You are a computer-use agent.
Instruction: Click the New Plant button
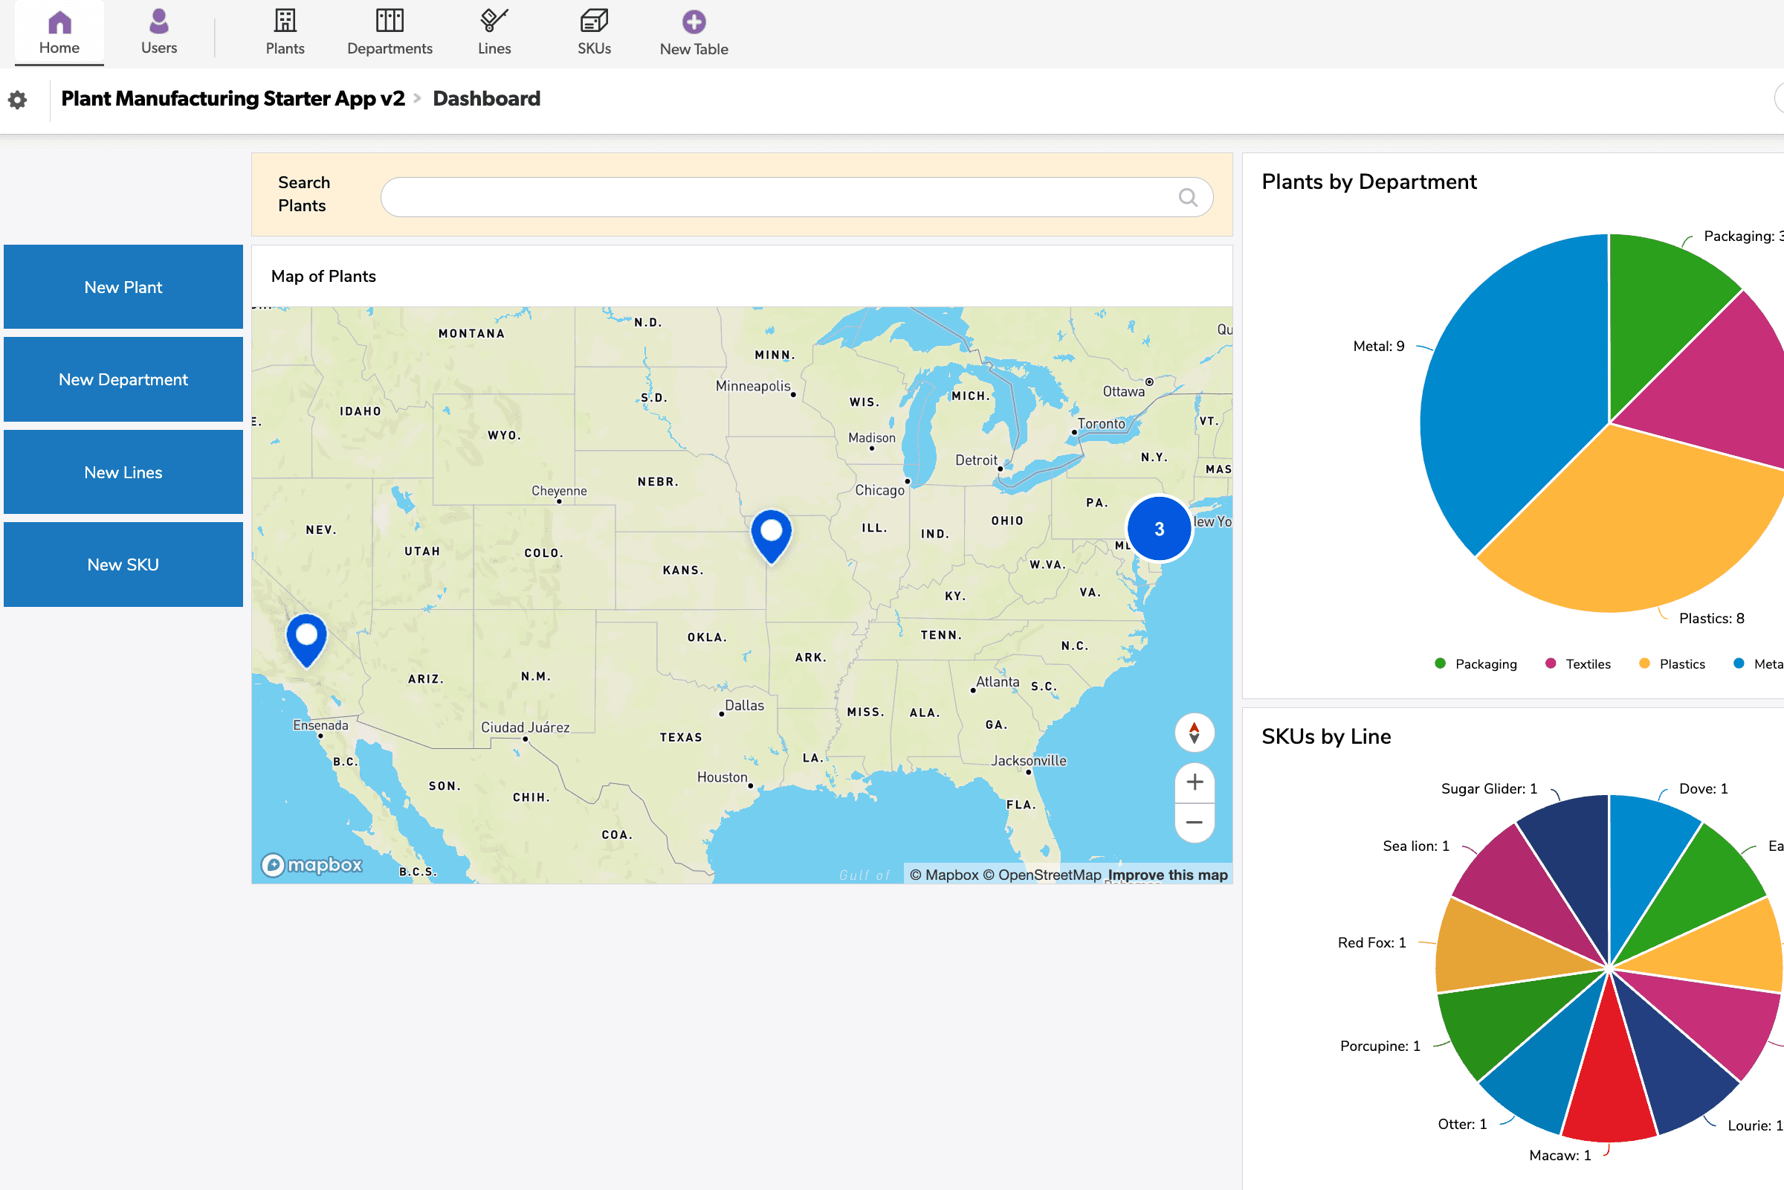pyautogui.click(x=123, y=287)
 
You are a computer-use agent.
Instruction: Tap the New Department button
pyautogui.click(x=123, y=379)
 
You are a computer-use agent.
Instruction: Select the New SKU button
pyautogui.click(x=123, y=565)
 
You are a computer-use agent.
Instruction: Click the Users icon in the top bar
pyautogui.click(x=158, y=22)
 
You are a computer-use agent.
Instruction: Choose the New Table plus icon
pyautogui.click(x=694, y=22)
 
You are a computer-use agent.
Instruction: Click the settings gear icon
pyautogui.click(x=17, y=100)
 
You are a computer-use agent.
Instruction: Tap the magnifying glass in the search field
pyautogui.click(x=1188, y=197)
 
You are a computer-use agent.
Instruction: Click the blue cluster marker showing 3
pyautogui.click(x=1159, y=529)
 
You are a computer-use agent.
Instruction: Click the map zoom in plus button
pyautogui.click(x=1195, y=782)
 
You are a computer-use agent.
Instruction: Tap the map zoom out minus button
pyautogui.click(x=1195, y=823)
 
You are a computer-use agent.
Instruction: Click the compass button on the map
pyautogui.click(x=1195, y=733)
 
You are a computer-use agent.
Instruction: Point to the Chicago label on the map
pyautogui.click(x=880, y=490)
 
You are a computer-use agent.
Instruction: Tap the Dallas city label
pyautogui.click(x=744, y=706)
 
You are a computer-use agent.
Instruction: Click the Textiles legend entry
pyautogui.click(x=1588, y=664)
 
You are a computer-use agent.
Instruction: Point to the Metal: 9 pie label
pyautogui.click(x=1378, y=346)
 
